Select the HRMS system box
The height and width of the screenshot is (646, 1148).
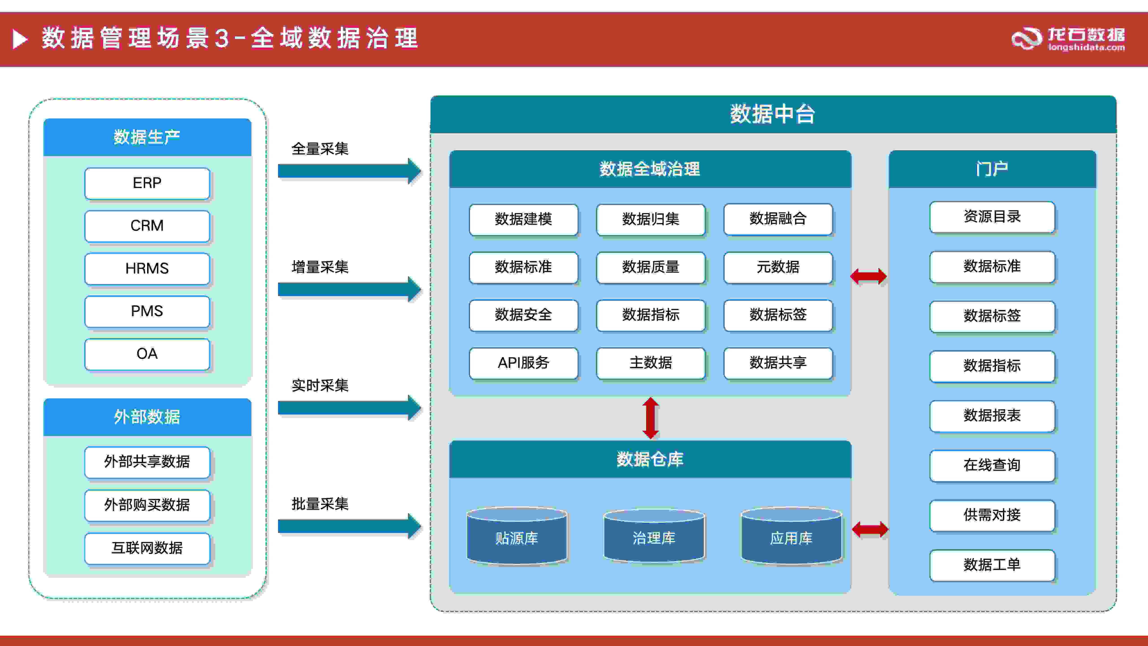147,268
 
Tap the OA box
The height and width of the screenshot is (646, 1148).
147,354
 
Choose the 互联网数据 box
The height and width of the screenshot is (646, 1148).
147,548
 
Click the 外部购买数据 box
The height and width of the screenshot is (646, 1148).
147,505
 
